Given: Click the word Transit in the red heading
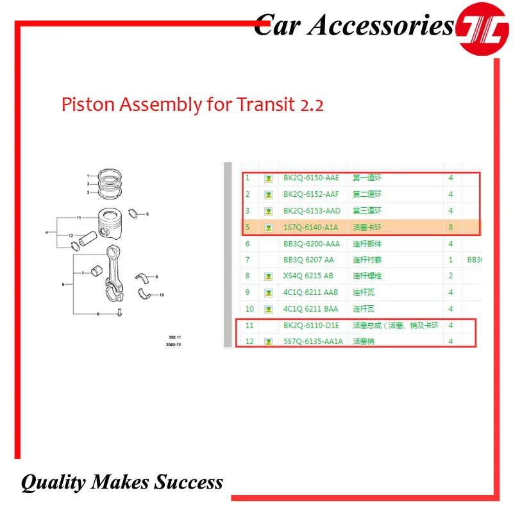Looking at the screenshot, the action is point(253,104).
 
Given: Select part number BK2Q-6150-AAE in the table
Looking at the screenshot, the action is point(311,178).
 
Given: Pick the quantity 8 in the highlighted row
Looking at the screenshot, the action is point(451,227).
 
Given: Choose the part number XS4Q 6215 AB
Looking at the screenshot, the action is point(308,276).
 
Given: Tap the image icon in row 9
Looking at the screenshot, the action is point(269,293).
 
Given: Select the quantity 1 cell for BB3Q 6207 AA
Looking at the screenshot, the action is point(451,260).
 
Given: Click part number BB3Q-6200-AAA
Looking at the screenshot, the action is point(312,244).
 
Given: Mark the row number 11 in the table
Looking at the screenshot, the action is point(249,326).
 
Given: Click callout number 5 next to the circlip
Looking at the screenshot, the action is point(147,214).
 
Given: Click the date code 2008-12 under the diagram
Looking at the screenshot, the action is point(174,344).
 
